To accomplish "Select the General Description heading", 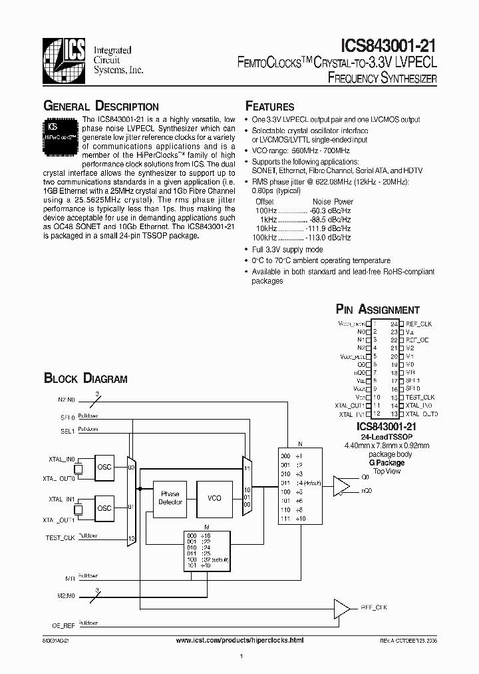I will coord(101,107).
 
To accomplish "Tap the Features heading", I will coord(270,107).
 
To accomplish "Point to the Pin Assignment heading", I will coord(378,310).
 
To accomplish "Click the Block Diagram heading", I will coord(85,379).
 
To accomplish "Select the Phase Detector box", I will coord(170,498).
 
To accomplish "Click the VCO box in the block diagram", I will coord(214,498).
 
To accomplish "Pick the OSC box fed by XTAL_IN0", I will coord(105,466).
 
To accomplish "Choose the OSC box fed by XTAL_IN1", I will coord(105,508).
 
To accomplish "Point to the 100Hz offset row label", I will coord(265,210).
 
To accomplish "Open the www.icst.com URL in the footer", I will coord(239,639).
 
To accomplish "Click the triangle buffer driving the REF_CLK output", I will coord(341,607).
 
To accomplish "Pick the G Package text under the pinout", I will coord(387,462).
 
